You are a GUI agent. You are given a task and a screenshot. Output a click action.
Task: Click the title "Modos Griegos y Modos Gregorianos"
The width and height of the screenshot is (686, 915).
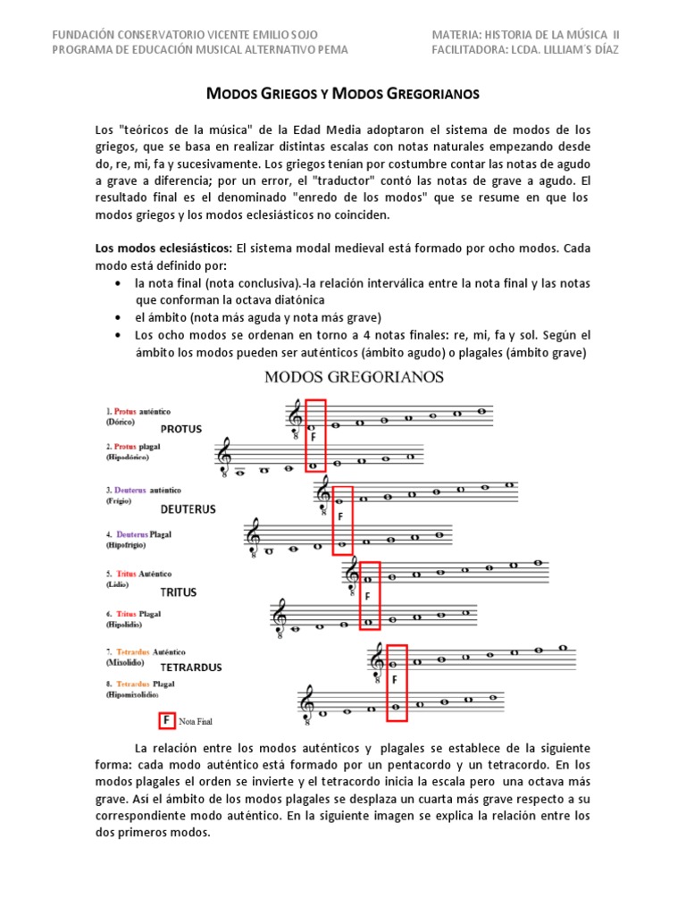(x=343, y=94)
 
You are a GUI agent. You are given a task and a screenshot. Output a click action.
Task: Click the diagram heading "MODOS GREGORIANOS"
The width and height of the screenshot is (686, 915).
(x=354, y=377)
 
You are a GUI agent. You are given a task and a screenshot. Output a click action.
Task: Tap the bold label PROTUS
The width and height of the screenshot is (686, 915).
(x=181, y=429)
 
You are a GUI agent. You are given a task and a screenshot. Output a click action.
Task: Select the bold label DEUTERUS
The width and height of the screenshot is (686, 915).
(x=188, y=509)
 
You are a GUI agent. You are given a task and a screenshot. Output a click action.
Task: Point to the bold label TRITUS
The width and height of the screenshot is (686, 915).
(x=179, y=592)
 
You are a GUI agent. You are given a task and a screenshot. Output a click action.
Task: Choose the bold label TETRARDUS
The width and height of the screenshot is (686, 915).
(x=191, y=667)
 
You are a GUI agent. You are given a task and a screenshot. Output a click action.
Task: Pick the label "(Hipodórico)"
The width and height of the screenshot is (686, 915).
(x=127, y=457)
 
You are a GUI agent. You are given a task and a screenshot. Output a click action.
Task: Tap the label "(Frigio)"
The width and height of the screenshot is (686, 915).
(x=120, y=502)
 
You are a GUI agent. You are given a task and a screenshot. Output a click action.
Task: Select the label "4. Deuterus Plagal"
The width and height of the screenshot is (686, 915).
(x=138, y=535)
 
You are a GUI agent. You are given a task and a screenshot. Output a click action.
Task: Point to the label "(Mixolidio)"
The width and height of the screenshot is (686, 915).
(x=127, y=662)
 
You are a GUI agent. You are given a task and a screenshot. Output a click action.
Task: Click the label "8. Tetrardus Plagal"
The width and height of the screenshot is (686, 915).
(x=139, y=684)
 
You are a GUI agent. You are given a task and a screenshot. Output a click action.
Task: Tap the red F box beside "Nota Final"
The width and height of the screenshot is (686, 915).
(x=165, y=718)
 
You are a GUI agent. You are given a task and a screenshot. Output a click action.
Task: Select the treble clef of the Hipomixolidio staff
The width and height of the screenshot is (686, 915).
(x=308, y=703)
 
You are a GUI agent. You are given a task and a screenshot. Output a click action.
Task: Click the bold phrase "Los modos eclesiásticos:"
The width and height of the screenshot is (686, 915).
(x=163, y=248)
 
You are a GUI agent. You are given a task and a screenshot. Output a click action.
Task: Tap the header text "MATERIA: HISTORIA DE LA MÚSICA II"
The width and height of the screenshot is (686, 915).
(x=525, y=34)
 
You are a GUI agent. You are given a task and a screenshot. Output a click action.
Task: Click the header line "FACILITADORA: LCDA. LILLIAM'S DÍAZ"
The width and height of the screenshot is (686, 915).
(x=524, y=49)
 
